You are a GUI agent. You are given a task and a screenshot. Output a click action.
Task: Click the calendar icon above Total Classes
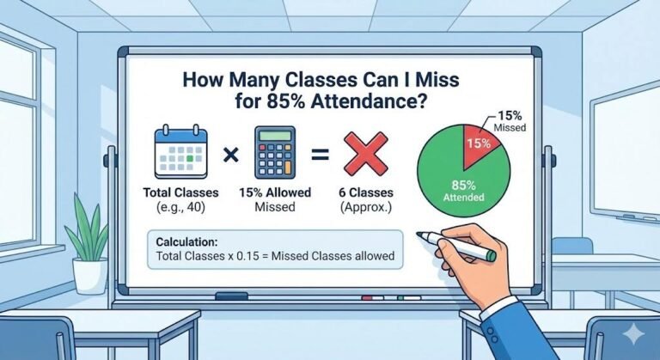(x=180, y=154)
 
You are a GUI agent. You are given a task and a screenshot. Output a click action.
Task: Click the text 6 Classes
(x=370, y=193)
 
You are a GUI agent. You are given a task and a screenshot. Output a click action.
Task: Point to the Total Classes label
(x=180, y=193)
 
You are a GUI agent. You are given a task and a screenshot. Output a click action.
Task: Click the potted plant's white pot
(x=89, y=275)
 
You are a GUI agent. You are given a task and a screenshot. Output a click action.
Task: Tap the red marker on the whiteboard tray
(x=372, y=299)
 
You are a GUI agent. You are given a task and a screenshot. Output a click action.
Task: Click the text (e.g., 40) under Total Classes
(x=180, y=208)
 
